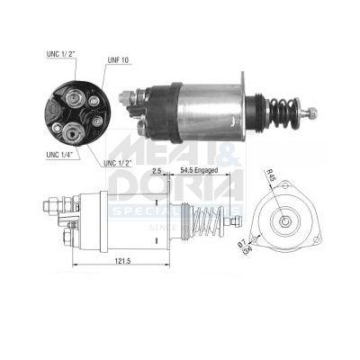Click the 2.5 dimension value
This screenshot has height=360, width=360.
(156, 169)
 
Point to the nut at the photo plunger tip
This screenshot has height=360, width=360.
(311, 113)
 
